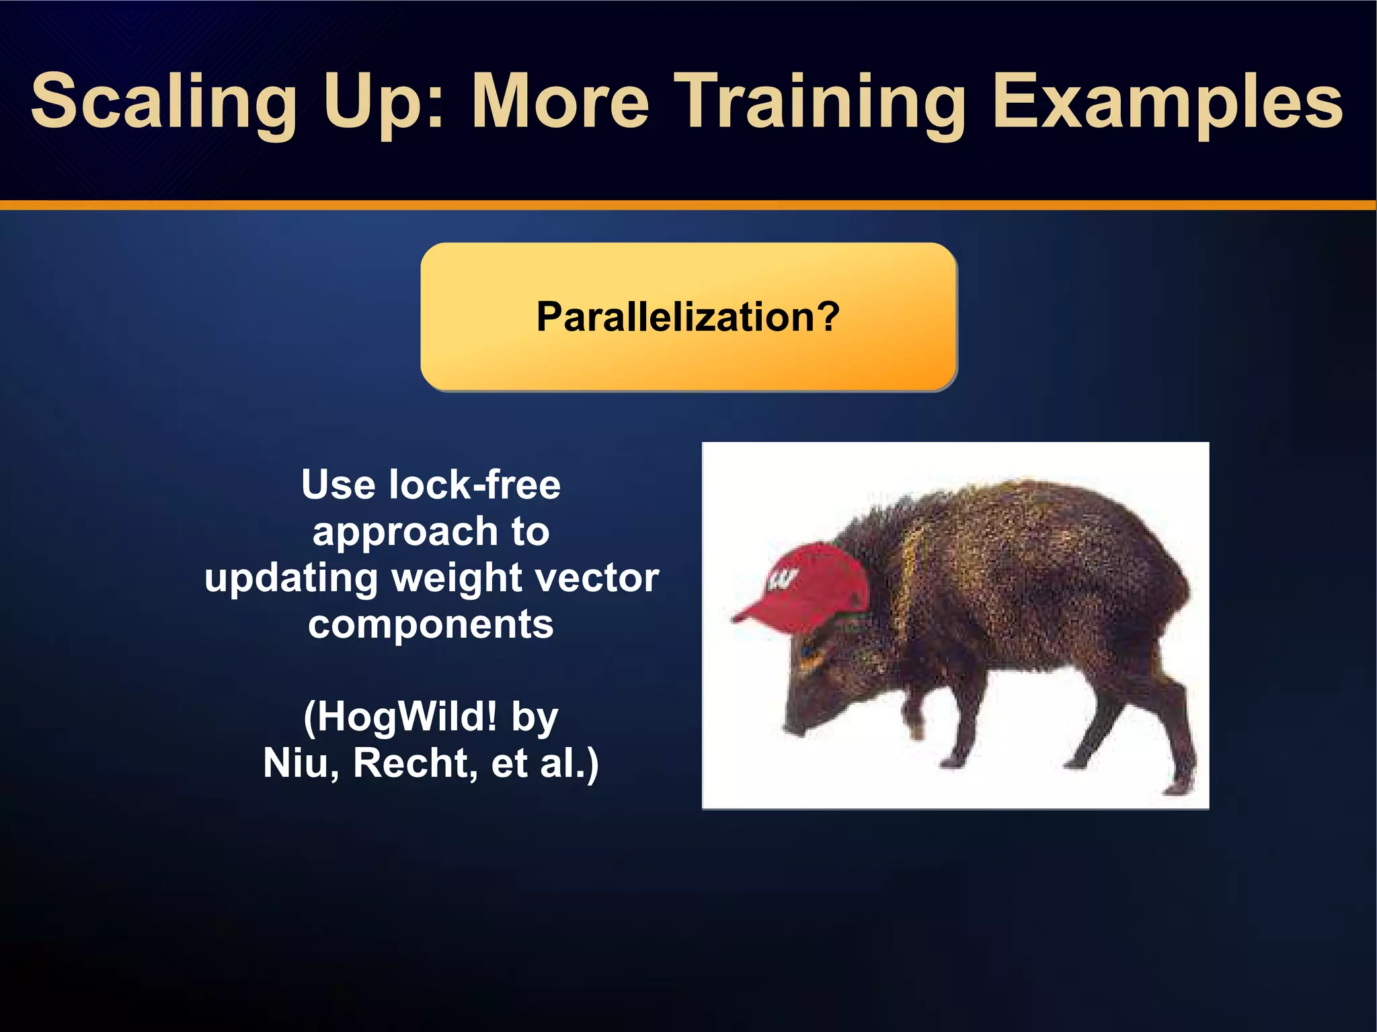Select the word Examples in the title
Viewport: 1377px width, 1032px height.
pyautogui.click(x=1167, y=102)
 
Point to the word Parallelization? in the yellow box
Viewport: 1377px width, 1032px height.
pyautogui.click(x=688, y=316)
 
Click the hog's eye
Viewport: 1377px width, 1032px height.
pyautogui.click(x=807, y=650)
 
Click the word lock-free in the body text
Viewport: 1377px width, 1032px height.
pyautogui.click(x=474, y=484)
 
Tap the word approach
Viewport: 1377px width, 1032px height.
pyautogui.click(x=404, y=531)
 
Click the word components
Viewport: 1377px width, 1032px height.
pyautogui.click(x=431, y=624)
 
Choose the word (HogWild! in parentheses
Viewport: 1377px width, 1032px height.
pyautogui.click(x=401, y=717)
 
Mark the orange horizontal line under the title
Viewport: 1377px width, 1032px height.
pyautogui.click(x=688, y=205)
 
